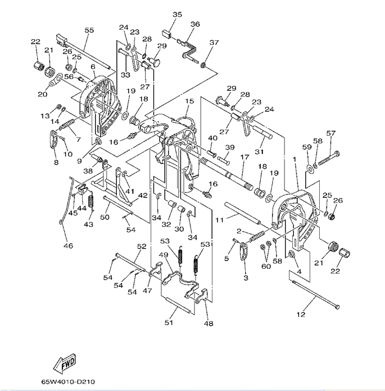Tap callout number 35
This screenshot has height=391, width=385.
(x=178, y=14)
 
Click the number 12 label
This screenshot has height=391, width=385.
(x=301, y=314)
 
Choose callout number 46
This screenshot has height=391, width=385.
(x=68, y=246)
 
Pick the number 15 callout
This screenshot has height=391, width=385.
(x=189, y=101)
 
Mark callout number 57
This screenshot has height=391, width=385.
(x=331, y=133)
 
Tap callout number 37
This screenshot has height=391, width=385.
(x=214, y=43)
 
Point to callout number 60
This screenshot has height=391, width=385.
(x=266, y=266)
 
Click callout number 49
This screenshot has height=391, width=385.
(x=164, y=255)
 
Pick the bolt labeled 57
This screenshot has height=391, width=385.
(x=328, y=158)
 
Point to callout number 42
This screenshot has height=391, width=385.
(x=143, y=195)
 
